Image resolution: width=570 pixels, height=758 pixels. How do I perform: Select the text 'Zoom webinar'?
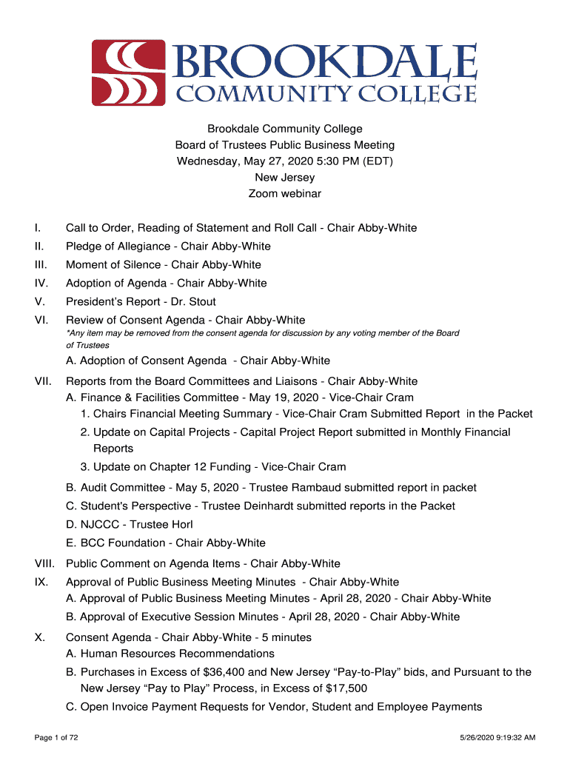point(284,194)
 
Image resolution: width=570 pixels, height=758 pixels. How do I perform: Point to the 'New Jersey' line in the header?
point(284,178)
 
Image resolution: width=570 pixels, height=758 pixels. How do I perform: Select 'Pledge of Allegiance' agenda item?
point(115,246)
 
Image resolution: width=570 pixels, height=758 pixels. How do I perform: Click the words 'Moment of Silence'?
point(113,264)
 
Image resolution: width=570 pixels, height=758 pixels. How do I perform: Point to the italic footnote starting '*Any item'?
point(262,339)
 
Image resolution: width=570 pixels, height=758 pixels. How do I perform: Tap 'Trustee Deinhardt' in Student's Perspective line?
point(247,506)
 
